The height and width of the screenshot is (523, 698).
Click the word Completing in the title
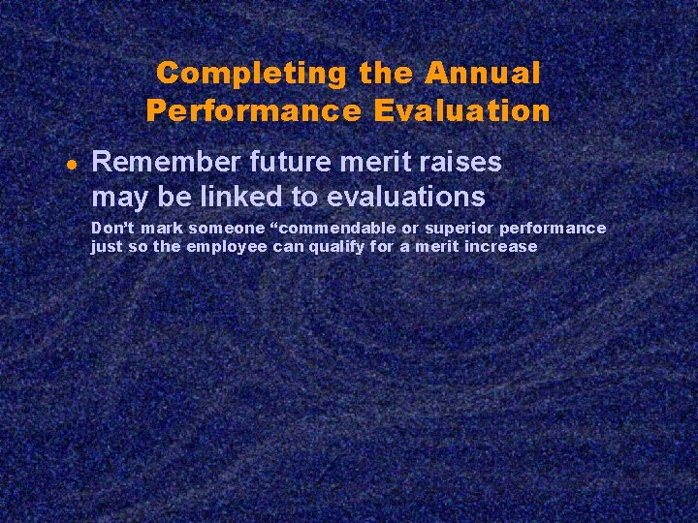250,74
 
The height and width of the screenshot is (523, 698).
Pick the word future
283,162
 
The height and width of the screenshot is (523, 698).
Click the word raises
460,162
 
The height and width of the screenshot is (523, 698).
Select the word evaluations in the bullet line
406,198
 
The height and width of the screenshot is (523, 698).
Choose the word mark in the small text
159,229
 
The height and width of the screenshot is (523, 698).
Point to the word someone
226,229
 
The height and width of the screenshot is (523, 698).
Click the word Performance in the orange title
252,111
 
